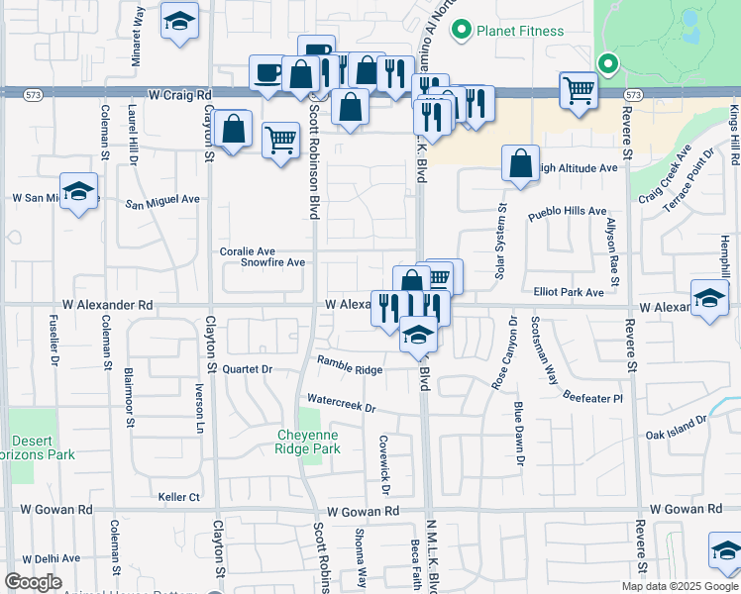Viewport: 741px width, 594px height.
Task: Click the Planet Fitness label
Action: point(519,31)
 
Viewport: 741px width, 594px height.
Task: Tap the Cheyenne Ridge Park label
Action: point(307,442)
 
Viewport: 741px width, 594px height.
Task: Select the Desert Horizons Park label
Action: point(42,447)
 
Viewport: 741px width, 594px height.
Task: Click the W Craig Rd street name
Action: point(181,95)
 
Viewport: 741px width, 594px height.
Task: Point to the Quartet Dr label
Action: point(247,369)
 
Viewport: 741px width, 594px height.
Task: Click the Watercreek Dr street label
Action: point(343,405)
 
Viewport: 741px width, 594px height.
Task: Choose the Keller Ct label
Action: point(179,496)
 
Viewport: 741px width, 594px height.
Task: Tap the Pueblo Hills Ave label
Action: point(567,212)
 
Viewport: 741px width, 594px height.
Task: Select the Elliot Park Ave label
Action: point(568,293)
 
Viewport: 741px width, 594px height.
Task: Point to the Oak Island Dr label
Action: point(678,427)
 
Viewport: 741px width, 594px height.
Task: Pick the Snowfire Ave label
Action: point(272,262)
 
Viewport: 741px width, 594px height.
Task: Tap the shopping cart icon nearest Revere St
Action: point(579,90)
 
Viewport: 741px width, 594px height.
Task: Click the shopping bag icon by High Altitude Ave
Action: point(520,162)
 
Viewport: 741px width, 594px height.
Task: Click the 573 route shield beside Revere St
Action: point(634,95)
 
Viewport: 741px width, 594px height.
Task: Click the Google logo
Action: point(33,582)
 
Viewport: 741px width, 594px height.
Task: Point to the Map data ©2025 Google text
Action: point(680,586)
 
